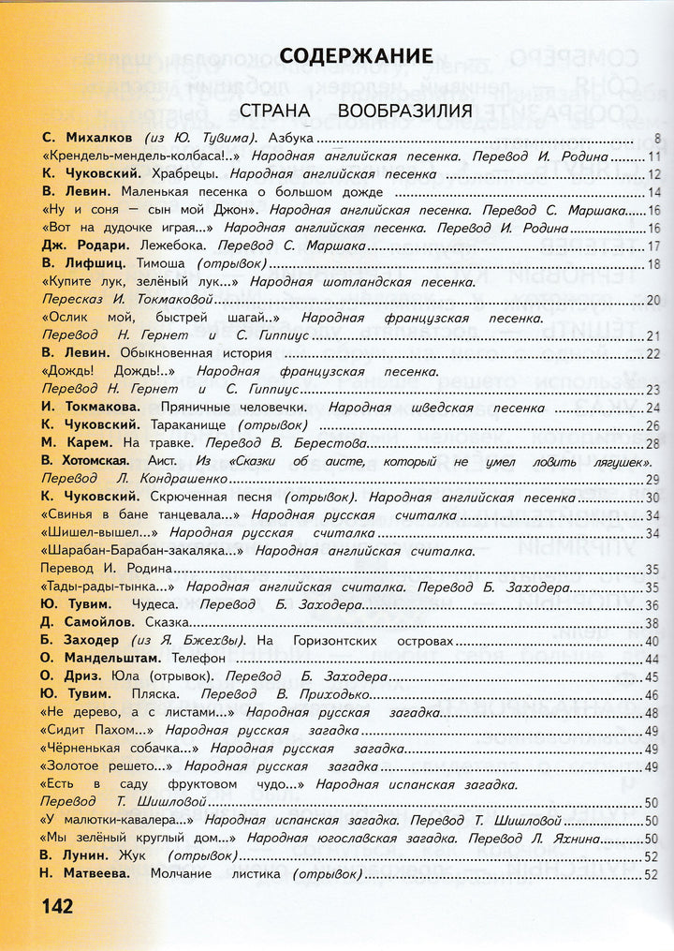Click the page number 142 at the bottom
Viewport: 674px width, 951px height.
pos(56,907)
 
